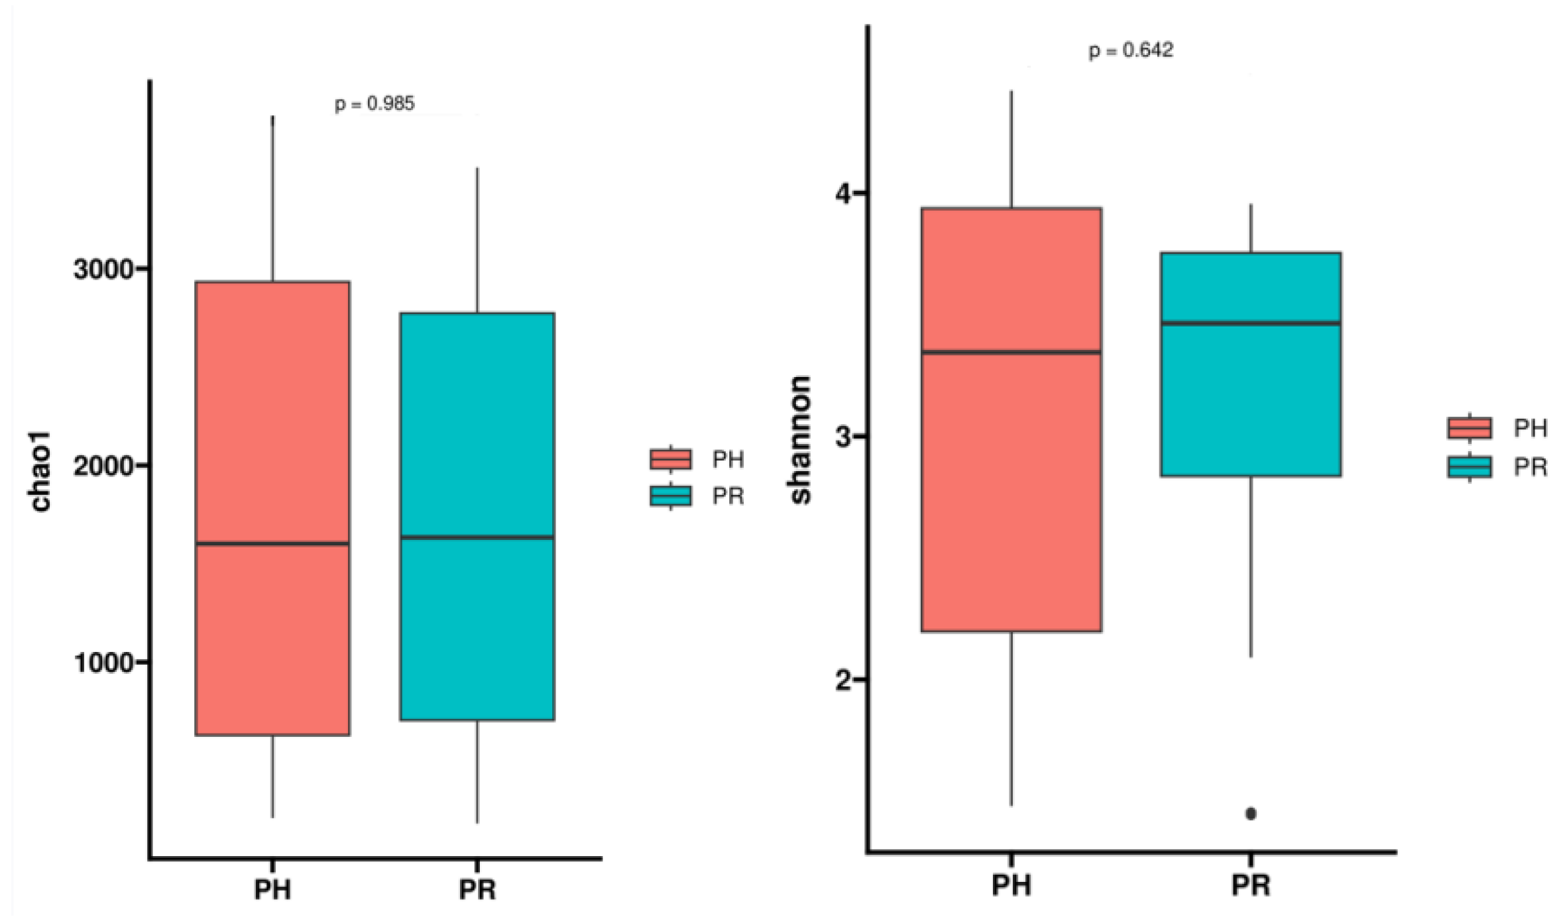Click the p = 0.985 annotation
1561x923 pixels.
pos(375,104)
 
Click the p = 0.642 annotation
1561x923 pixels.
pos(1131,50)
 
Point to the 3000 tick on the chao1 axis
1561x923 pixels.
pos(103,270)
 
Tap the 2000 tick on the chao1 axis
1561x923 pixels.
pos(103,466)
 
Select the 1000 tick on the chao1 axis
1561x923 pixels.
pos(103,662)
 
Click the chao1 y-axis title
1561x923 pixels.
pos(41,472)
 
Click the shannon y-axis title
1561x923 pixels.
pos(801,440)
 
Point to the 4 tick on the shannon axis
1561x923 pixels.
pos(843,193)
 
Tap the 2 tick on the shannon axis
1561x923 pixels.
pos(843,680)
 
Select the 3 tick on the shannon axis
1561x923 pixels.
pos(843,437)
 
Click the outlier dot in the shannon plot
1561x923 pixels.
pos(1251,814)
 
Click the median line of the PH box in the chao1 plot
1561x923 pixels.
pos(272,544)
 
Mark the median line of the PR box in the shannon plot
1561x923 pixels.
pos(1251,323)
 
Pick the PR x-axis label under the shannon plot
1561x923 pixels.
pos(1251,885)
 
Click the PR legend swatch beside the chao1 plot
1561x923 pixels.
pos(671,496)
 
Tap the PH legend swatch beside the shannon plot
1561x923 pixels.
pos(1470,428)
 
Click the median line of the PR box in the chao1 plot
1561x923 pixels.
pos(477,537)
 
